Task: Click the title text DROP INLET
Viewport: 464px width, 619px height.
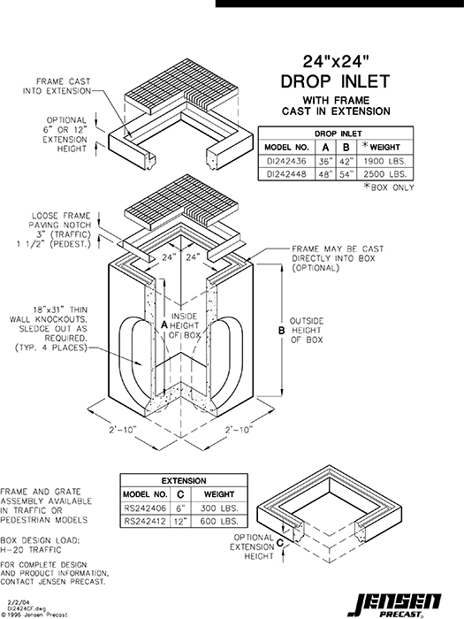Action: [335, 82]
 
